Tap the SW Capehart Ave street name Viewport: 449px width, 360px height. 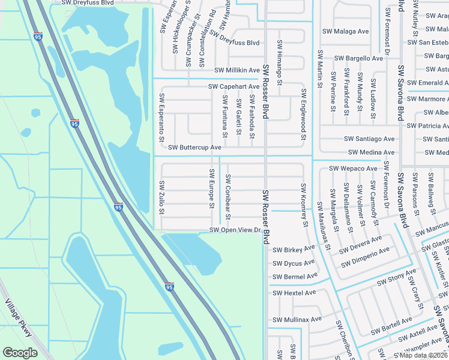(234, 86)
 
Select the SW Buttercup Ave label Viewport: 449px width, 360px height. (195, 147)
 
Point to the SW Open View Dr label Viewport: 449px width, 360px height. (234, 230)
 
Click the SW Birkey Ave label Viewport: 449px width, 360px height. (294, 249)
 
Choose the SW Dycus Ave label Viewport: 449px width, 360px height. (294, 263)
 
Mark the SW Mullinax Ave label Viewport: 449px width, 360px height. (297, 319)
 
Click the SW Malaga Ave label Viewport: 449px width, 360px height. (346, 31)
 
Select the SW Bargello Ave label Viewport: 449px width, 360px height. (358, 58)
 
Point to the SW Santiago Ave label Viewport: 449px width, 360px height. (369, 139)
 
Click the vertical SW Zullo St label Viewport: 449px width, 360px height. (161, 196)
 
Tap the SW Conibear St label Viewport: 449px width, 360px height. (228, 193)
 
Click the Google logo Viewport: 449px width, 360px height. (20, 353)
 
